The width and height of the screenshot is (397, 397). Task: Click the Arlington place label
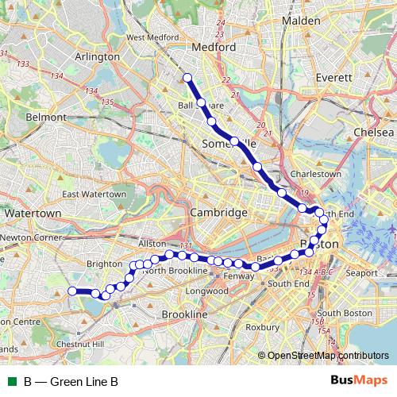click(x=96, y=57)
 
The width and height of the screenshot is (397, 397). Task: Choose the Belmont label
click(x=44, y=117)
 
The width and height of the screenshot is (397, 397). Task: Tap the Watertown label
click(x=33, y=214)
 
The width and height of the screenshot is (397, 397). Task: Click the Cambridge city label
click(x=219, y=213)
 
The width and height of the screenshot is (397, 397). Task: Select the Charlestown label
click(x=317, y=173)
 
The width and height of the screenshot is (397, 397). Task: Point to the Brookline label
click(x=184, y=315)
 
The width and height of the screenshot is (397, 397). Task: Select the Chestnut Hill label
click(x=81, y=345)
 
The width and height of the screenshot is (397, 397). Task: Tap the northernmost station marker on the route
click(x=188, y=77)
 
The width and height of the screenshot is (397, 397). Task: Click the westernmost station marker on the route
click(x=72, y=291)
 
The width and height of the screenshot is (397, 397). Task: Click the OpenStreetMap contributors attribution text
click(x=329, y=355)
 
